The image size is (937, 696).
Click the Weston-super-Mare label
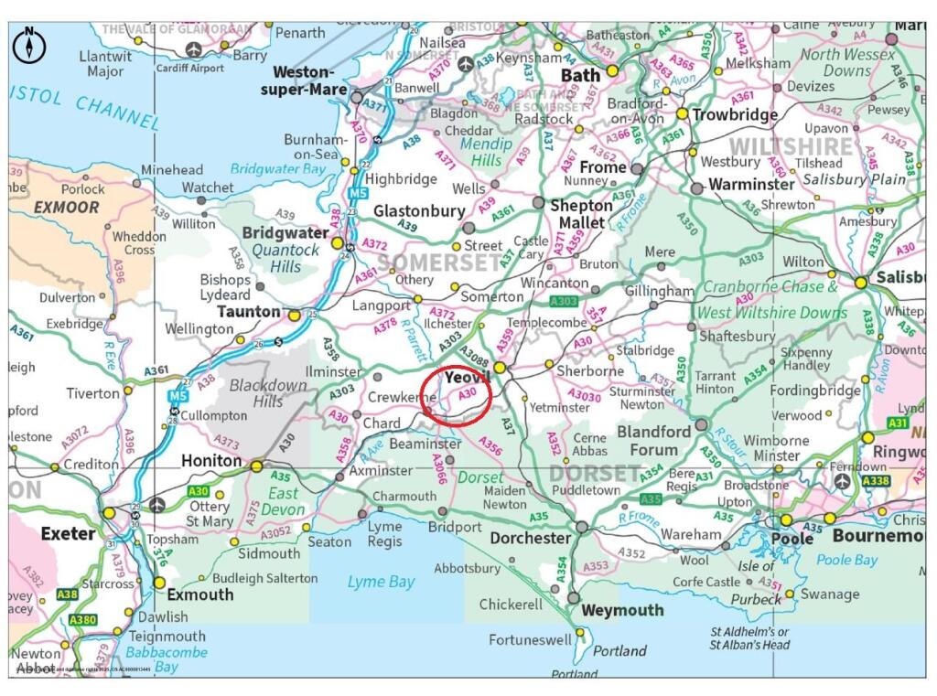click(304, 80)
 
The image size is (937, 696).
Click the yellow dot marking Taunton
click(295, 315)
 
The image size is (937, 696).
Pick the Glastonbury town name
click(419, 211)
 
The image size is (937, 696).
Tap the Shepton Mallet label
click(581, 214)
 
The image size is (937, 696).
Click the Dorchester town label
click(531, 539)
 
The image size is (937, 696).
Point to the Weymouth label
click(622, 610)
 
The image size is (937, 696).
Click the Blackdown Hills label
click(267, 393)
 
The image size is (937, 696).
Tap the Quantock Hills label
click(285, 258)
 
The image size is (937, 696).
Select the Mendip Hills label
click(481, 152)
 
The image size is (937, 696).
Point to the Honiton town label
click(212, 460)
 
